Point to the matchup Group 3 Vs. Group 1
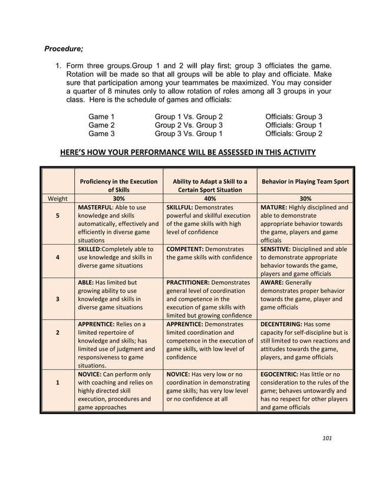click(x=189, y=134)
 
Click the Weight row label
click(x=57, y=199)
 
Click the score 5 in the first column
click(x=57, y=216)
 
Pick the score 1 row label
click(x=57, y=382)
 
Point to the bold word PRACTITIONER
click(x=187, y=282)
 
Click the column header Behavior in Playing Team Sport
click(x=305, y=182)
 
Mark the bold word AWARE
click(x=273, y=282)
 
